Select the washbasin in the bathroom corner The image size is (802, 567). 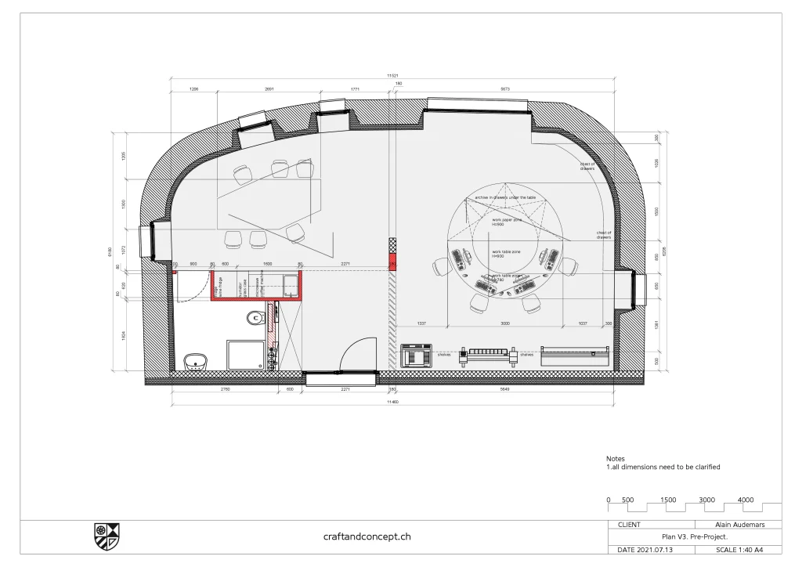pyautogui.click(x=195, y=362)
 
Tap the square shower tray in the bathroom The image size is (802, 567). pyautogui.click(x=247, y=355)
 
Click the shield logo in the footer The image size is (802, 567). pyautogui.click(x=107, y=536)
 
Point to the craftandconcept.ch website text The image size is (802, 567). pyautogui.click(x=367, y=536)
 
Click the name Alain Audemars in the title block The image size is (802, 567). pyautogui.click(x=738, y=525)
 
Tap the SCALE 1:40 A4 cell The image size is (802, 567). pyautogui.click(x=738, y=550)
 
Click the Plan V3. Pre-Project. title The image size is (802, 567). pyautogui.click(x=694, y=537)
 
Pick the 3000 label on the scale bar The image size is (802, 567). pyautogui.click(x=706, y=500)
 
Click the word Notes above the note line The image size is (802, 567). pyautogui.click(x=616, y=459)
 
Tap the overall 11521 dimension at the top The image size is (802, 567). pyautogui.click(x=392, y=75)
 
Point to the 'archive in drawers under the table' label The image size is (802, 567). pyautogui.click(x=505, y=198)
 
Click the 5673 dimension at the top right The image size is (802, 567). pyautogui.click(x=505, y=89)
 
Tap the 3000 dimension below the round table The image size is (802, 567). pyautogui.click(x=505, y=323)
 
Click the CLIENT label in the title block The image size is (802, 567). pyautogui.click(x=629, y=525)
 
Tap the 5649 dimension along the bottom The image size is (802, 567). pyautogui.click(x=504, y=388)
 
